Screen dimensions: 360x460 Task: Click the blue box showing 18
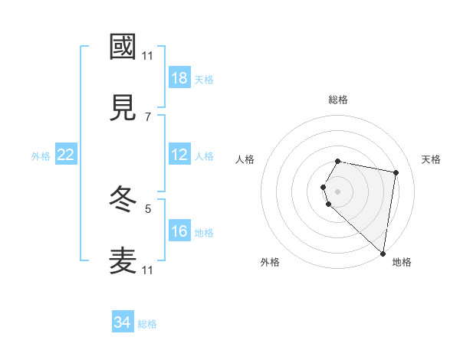coord(179,78)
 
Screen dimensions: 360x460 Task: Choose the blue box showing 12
coord(179,155)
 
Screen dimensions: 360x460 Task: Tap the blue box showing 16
coord(179,231)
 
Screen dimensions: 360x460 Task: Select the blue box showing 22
coord(66,155)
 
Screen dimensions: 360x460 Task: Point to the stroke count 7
coord(148,116)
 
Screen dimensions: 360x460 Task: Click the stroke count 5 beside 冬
coord(148,208)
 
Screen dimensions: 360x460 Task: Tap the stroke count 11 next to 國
coord(148,55)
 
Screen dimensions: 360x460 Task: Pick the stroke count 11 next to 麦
coord(148,270)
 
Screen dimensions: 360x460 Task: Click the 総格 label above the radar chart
coord(338,100)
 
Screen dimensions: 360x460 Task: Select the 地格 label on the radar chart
coord(402,263)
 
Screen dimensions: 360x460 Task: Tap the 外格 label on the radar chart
coord(270,263)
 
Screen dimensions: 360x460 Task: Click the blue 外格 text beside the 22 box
coord(41,155)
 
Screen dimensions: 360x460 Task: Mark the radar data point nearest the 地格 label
coord(383,254)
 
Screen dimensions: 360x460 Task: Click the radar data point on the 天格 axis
coord(396,172)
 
